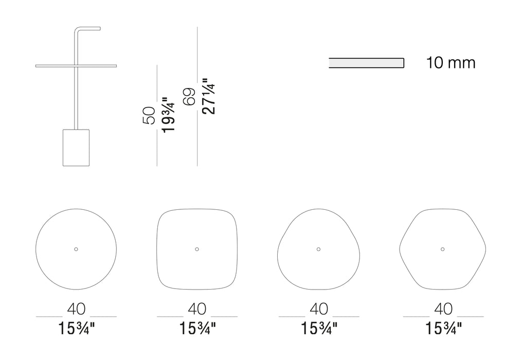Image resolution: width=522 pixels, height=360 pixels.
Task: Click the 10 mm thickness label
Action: click(451, 63)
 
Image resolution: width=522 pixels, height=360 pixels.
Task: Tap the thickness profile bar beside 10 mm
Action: click(367, 63)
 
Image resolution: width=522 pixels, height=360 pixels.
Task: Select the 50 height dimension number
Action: click(149, 116)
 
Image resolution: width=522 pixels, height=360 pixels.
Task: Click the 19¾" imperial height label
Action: click(169, 115)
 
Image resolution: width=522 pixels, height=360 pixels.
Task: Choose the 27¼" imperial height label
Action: click(209, 97)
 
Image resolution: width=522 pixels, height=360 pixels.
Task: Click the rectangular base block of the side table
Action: click(76, 148)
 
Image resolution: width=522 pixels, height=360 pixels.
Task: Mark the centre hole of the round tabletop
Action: click(76, 249)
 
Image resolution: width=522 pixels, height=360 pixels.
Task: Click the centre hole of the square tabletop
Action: click(197, 249)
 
